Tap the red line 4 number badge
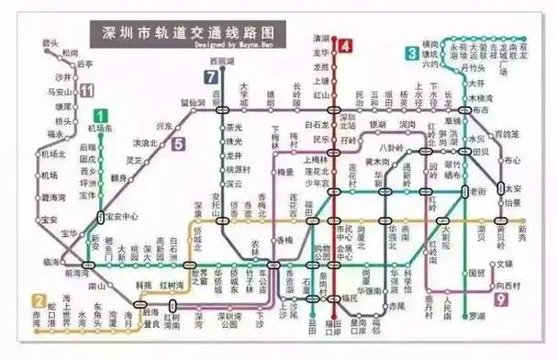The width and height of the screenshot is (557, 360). tap(345, 46)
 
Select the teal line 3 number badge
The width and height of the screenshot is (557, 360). tap(412, 54)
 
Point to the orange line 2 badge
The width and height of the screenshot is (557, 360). tap(39, 300)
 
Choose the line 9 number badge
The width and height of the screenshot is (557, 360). tap(501, 299)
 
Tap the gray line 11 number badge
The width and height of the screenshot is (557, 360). tap(86, 89)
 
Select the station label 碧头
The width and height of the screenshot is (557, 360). tap(50, 42)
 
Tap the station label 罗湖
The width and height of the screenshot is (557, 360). tap(475, 317)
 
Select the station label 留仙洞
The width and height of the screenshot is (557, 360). tap(192, 102)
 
